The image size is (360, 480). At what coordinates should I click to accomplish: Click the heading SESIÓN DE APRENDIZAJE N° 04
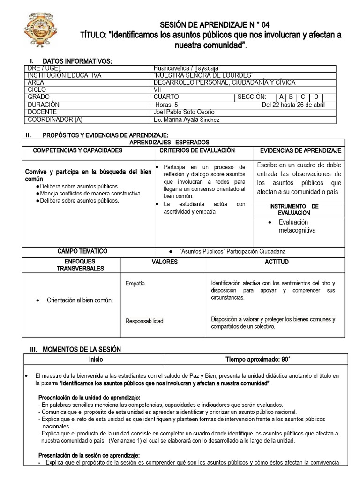[215, 24]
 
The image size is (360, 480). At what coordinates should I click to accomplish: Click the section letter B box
[292, 97]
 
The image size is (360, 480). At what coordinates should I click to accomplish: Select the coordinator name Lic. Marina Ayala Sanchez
[186, 120]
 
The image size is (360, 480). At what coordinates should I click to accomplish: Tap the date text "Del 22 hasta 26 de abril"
[293, 105]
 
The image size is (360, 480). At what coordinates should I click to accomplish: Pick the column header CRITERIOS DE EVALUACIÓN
[197, 150]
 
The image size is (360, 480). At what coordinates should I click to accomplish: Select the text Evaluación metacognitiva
[297, 226]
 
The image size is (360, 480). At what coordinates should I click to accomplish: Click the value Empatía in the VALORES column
[135, 284]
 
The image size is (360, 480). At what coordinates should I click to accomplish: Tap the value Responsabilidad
[144, 321]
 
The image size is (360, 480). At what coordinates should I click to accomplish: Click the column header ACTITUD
[277, 262]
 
